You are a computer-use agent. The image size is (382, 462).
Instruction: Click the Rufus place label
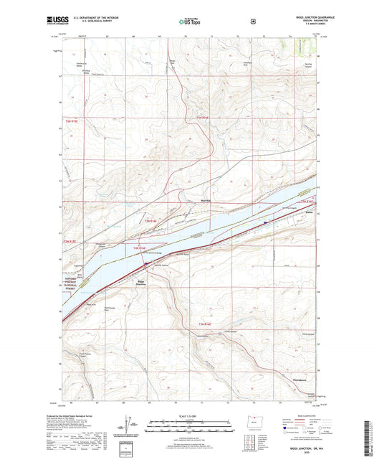point(290,212)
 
